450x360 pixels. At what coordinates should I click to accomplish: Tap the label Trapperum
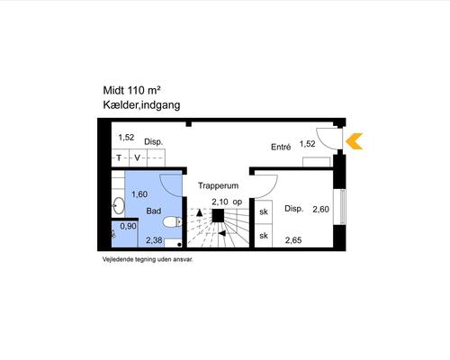218,185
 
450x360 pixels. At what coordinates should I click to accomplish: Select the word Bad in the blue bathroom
154,211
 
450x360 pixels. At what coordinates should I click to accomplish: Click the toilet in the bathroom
173,222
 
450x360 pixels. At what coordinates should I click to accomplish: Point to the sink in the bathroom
118,205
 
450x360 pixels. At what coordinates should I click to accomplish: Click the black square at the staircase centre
218,216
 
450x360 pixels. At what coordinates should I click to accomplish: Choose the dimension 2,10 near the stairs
220,202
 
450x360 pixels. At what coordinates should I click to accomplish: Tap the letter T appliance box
120,157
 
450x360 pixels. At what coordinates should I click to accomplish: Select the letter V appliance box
138,157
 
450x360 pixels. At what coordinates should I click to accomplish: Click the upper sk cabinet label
264,211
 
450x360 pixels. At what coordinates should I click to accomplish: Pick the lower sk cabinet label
264,236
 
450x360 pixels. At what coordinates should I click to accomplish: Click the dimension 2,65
293,240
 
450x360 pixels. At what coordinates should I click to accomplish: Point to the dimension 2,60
320,209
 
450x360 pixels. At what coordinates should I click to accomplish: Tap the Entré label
281,147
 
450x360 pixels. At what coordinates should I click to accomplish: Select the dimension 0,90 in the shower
128,226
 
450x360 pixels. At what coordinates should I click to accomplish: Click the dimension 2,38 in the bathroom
154,240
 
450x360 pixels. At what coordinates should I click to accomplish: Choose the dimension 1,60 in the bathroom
139,194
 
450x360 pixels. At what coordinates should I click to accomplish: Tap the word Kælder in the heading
121,105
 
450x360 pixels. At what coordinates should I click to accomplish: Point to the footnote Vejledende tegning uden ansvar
148,259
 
